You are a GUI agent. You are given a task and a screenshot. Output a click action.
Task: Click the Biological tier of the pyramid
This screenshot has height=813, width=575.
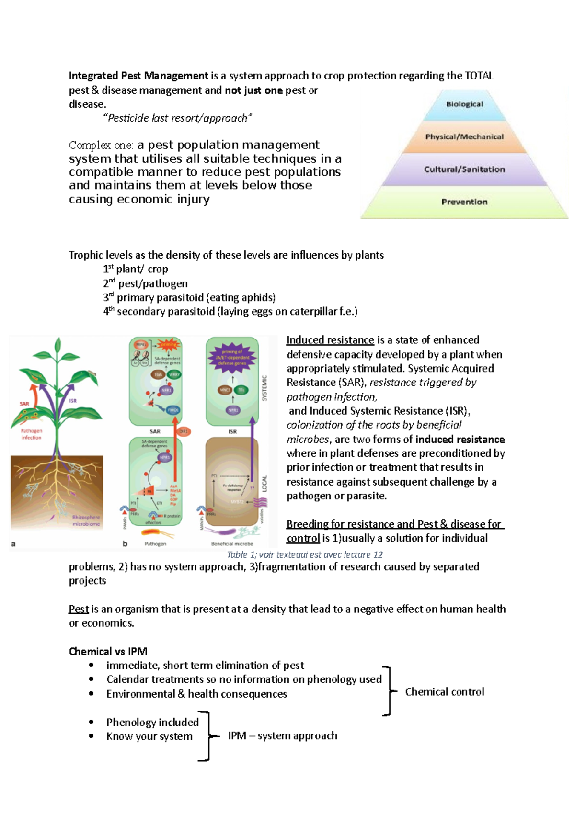click(464, 104)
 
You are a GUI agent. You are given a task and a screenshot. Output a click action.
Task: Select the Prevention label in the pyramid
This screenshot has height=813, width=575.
click(464, 202)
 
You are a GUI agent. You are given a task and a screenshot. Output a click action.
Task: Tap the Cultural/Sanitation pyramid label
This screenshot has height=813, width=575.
click(464, 169)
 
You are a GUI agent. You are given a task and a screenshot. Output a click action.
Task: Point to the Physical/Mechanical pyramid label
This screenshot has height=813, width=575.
click(464, 137)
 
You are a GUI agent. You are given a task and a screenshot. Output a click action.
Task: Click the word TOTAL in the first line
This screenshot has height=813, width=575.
click(479, 76)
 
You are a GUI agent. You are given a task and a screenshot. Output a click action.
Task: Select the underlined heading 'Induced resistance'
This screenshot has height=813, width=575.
click(330, 340)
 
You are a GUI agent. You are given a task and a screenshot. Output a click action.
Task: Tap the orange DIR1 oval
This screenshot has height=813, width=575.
click(184, 431)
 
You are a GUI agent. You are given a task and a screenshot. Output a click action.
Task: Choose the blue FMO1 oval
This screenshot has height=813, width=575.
click(173, 410)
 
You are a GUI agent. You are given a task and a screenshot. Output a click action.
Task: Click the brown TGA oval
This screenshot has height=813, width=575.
click(158, 375)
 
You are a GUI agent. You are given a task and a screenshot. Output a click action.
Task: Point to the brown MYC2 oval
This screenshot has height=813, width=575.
click(225, 390)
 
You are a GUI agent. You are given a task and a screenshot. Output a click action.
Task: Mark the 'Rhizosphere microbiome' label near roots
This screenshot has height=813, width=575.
click(86, 520)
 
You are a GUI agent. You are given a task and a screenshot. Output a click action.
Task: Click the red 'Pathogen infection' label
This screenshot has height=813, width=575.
click(31, 434)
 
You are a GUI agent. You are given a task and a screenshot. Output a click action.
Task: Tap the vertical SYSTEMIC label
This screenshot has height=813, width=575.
click(264, 388)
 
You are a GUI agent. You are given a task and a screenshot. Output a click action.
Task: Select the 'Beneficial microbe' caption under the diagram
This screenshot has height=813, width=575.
click(232, 544)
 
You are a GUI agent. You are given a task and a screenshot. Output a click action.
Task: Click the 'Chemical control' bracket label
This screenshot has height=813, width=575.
click(444, 692)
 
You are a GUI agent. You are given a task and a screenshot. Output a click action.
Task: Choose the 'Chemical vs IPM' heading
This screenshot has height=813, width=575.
click(108, 652)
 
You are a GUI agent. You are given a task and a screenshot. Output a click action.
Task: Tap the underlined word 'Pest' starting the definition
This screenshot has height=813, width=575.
click(79, 609)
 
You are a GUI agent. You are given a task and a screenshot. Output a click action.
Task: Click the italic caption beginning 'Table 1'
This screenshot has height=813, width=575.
click(305, 555)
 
